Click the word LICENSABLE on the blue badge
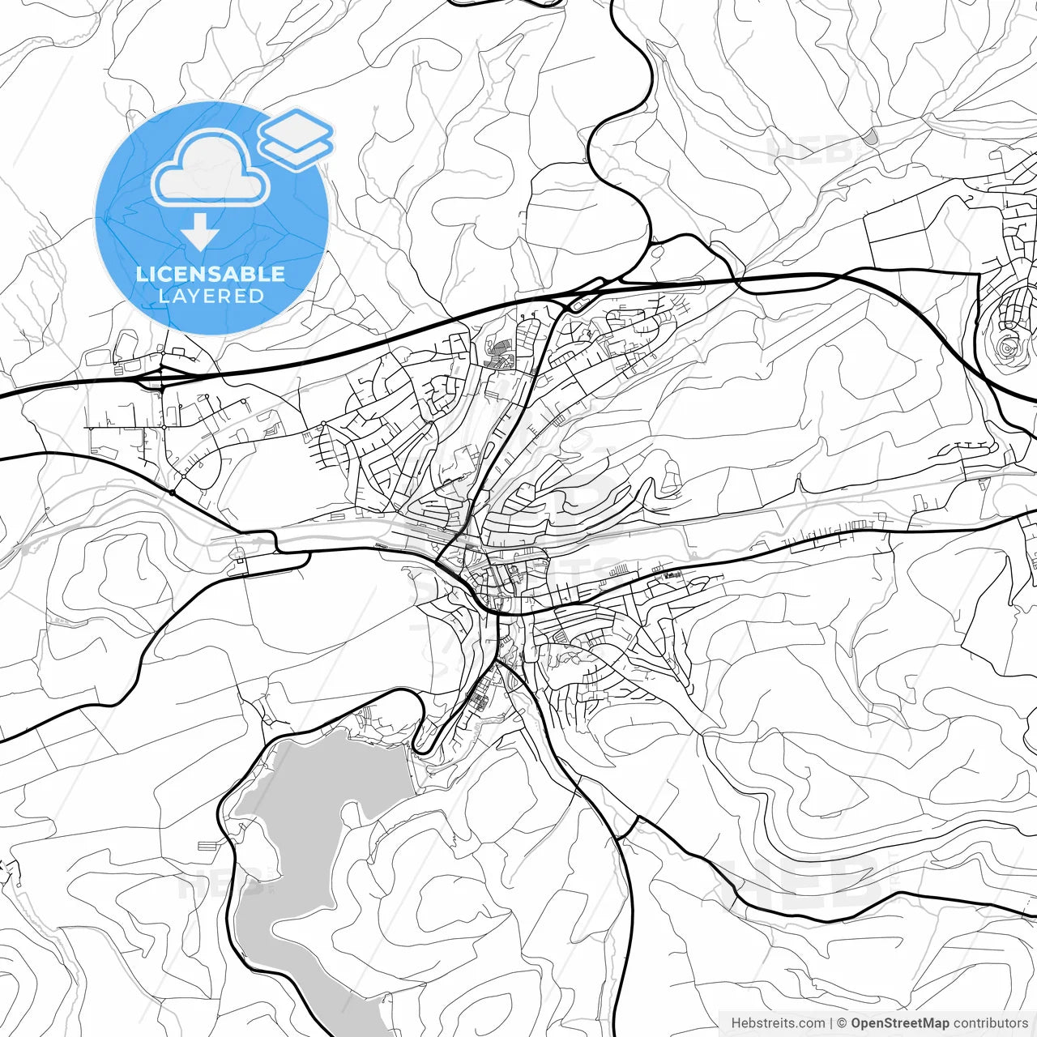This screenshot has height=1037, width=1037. (x=211, y=274)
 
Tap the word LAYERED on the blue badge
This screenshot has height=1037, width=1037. (x=211, y=296)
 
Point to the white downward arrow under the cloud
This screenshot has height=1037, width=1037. (x=200, y=233)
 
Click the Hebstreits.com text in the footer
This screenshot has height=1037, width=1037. (x=778, y=1023)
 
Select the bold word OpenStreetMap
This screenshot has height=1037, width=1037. (x=899, y=1023)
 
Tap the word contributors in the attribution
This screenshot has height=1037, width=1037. (x=990, y=1023)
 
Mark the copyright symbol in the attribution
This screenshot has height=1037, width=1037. (x=842, y=1023)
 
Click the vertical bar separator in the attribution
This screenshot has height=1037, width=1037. (x=831, y=1023)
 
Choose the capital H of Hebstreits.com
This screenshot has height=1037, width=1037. (x=736, y=1023)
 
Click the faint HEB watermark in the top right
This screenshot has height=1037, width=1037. (x=810, y=150)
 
